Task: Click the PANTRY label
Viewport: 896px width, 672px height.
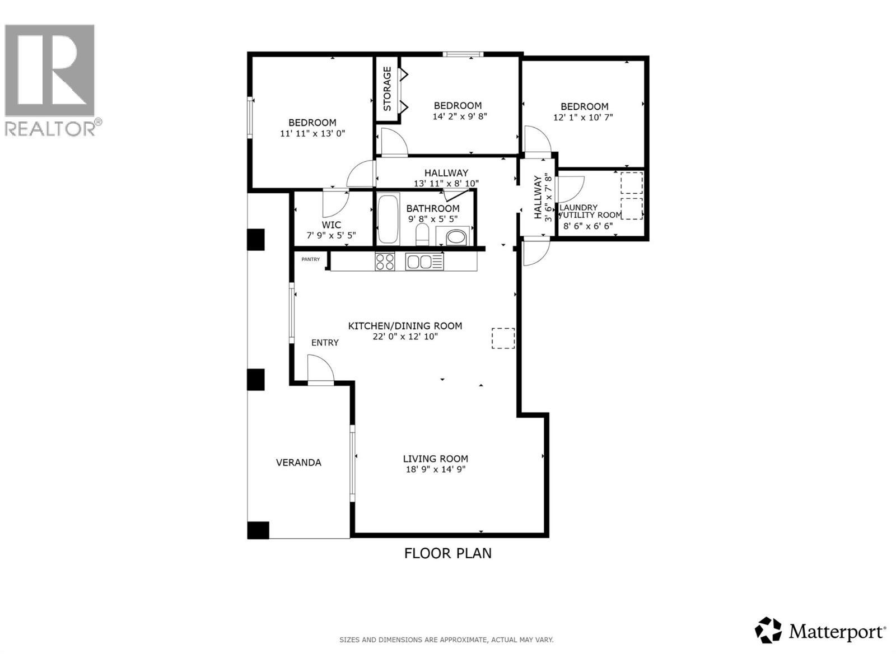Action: click(310, 259)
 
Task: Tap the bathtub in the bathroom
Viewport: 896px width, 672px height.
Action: click(388, 219)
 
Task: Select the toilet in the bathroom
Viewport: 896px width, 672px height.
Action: click(422, 234)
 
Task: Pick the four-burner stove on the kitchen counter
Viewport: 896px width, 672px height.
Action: click(385, 262)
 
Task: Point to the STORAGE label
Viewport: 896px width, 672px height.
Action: click(387, 88)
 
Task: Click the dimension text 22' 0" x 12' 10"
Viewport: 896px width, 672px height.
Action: click(405, 337)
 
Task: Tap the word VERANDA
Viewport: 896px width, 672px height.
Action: click(298, 463)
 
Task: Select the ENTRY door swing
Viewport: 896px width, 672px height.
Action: click(320, 370)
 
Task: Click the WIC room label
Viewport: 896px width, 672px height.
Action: click(332, 225)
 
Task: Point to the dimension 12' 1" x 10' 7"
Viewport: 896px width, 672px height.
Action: click(583, 118)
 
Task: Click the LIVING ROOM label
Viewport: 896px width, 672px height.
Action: click(435, 459)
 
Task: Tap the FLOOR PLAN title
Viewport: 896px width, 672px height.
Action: click(448, 553)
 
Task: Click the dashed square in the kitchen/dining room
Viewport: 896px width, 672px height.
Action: click(503, 338)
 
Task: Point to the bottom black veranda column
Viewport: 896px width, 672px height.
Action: click(258, 530)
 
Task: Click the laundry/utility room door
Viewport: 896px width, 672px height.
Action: click(570, 189)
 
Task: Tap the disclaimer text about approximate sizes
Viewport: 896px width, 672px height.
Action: click(446, 640)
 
